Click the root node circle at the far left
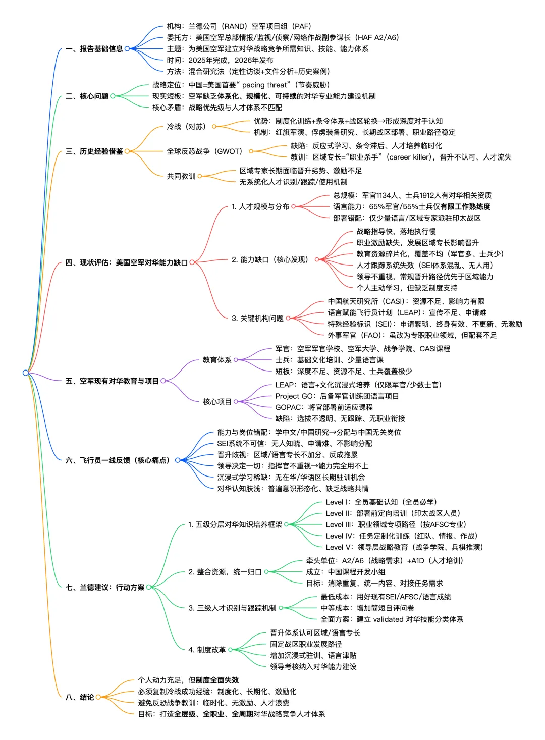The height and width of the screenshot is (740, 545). coord(26,373)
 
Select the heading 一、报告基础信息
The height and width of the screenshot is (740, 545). coord(94,49)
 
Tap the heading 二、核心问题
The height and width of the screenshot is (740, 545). coord(87,96)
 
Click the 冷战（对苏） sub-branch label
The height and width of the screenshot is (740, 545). coord(186,126)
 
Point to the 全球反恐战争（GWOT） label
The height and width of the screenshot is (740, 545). coord(205,151)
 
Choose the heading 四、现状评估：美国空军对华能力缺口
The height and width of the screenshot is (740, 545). coord(126,262)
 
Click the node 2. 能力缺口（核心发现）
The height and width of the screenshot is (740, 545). coord(269,259)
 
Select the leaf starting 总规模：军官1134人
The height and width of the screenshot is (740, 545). coord(412,195)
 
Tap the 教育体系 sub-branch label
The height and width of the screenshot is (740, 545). coord(217,360)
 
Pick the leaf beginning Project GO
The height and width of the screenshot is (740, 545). coord(337,396)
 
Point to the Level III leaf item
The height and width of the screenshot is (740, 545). coord(396,524)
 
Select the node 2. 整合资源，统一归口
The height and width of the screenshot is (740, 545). coord(225,572)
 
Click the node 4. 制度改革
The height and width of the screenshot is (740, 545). coord(207,650)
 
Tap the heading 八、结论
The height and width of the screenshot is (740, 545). coord(80,697)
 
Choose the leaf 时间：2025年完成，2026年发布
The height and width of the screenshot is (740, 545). coord(220,60)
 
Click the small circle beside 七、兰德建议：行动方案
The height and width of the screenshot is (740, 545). coord(149,587)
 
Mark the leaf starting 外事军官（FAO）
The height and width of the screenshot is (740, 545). coord(412,335)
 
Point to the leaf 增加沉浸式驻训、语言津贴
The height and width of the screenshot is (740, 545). coord(313,655)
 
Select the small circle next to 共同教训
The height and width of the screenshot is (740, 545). coord(200,176)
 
